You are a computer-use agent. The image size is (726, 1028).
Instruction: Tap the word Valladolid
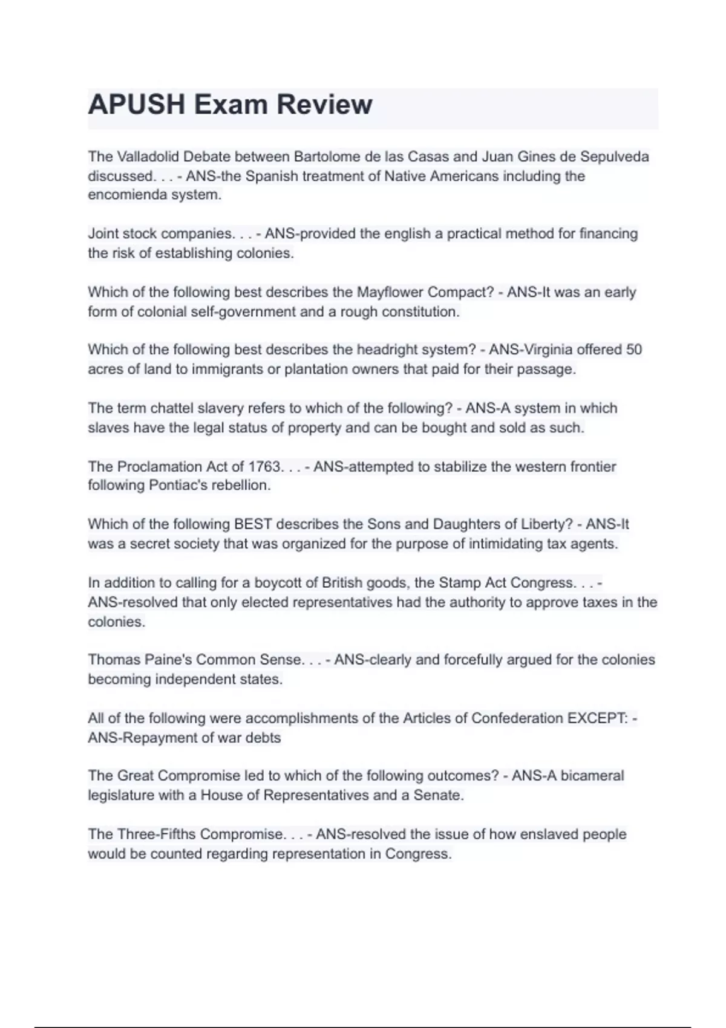tap(148, 157)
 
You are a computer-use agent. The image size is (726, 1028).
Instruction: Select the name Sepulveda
tap(615, 157)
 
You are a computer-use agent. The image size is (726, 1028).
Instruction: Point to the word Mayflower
tap(390, 292)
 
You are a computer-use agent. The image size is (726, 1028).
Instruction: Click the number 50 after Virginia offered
tap(634, 350)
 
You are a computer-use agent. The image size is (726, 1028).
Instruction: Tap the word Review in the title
tap(325, 105)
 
